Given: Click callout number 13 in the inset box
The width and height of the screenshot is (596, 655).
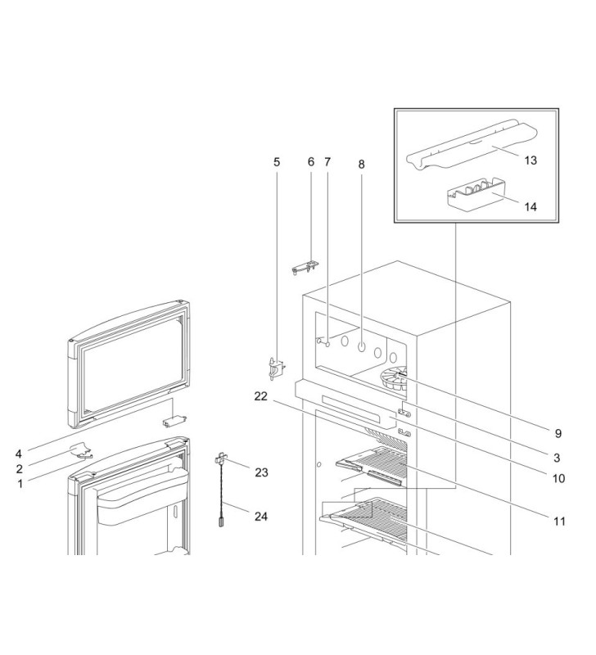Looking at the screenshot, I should (531, 160).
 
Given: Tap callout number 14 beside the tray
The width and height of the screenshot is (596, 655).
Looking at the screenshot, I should (531, 207).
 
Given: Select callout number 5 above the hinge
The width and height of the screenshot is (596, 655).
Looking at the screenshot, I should (277, 161).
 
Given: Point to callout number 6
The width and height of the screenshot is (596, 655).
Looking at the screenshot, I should (311, 161).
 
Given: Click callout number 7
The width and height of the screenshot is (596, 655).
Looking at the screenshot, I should (327, 161).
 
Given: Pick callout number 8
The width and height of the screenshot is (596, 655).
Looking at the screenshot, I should (361, 164).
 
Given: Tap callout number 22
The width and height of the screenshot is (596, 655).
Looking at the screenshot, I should (261, 396).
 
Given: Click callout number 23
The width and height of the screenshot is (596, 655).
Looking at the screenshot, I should (262, 472).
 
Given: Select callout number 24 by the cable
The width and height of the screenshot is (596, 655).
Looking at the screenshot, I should (262, 517).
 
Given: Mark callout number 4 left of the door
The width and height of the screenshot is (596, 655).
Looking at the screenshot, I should (18, 453).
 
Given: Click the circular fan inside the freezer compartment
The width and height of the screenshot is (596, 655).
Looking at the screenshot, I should (395, 379).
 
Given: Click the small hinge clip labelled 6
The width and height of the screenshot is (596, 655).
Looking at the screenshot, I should (305, 264).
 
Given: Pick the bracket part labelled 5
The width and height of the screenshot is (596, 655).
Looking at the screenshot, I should (278, 368).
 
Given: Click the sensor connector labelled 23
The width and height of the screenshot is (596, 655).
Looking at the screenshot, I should (221, 459).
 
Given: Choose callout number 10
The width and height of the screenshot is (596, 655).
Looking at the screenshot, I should (558, 478).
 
